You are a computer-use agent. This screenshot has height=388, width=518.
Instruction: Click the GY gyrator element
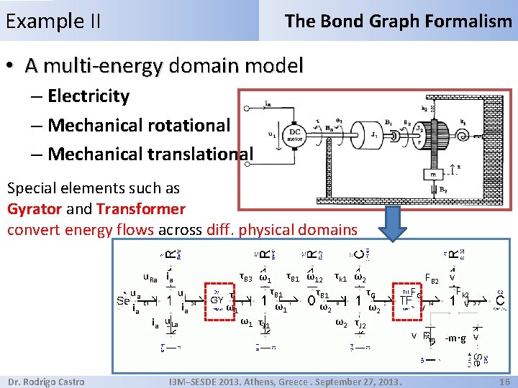click(216, 300)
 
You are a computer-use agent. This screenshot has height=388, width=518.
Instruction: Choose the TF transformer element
click(407, 300)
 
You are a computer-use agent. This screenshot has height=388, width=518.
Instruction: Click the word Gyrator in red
click(35, 210)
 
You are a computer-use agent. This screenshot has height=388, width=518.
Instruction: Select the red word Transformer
click(141, 210)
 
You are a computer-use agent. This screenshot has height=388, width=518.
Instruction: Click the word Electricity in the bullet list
click(88, 96)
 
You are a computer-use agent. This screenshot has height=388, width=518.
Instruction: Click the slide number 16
click(504, 382)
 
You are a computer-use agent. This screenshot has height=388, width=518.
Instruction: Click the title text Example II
click(53, 21)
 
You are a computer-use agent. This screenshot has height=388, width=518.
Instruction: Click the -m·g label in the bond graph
click(455, 338)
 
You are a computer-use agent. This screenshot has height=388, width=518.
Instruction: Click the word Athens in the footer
click(288, 382)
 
